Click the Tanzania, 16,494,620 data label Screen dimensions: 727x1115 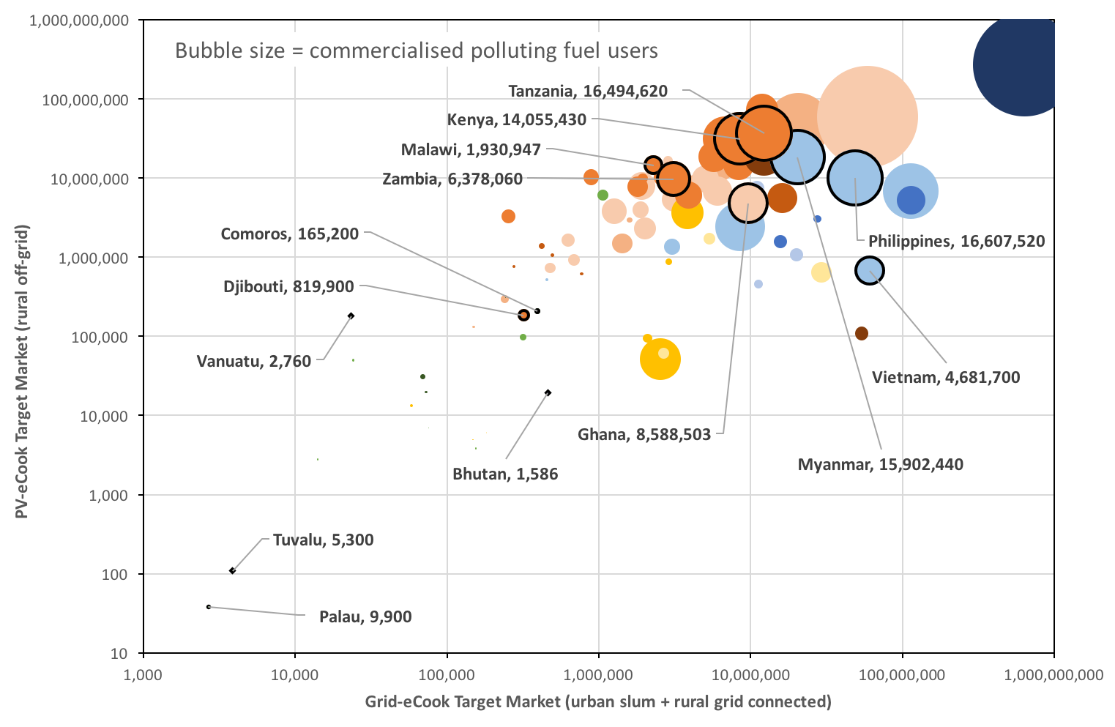point(588,91)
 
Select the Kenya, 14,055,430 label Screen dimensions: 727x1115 point(517,120)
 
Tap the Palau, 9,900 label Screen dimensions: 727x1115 point(365,617)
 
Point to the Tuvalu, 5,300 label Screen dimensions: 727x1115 point(323,540)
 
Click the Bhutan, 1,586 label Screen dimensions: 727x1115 point(505,474)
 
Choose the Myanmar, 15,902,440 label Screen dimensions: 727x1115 point(880,464)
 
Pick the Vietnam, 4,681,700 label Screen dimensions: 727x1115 point(946,378)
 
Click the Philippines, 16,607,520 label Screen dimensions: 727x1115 point(956,241)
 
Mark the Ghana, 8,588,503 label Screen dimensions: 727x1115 point(644,435)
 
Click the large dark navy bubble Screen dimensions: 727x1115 point(1021,64)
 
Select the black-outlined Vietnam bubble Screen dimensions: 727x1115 point(869,271)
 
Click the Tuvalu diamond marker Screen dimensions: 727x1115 point(232,570)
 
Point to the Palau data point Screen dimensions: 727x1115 point(209,607)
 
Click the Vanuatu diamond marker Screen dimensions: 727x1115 point(351,316)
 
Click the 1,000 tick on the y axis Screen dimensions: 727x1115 point(111,496)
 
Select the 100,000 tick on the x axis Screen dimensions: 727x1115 point(447,674)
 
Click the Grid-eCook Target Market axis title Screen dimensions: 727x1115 point(598,702)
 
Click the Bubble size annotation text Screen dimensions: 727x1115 point(416,51)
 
